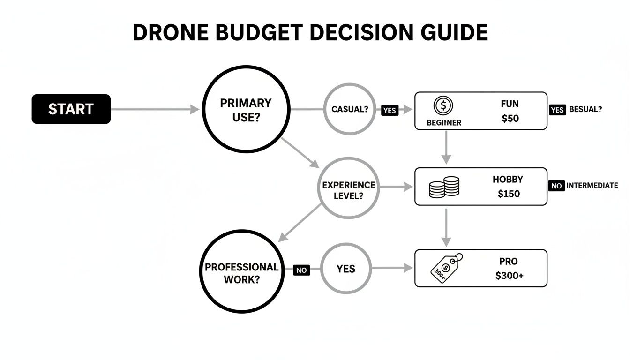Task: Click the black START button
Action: click(x=71, y=109)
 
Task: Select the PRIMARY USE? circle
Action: click(x=246, y=109)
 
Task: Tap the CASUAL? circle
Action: click(x=349, y=109)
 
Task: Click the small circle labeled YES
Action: click(x=345, y=269)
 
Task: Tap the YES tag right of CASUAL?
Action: click(x=390, y=111)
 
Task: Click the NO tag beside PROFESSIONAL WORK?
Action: click(x=301, y=270)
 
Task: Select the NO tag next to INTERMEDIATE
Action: click(x=556, y=186)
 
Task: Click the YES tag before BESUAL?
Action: click(x=556, y=109)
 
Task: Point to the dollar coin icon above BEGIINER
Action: click(x=443, y=106)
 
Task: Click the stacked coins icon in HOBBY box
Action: click(x=444, y=187)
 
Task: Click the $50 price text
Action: click(x=510, y=119)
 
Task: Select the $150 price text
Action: click(x=509, y=194)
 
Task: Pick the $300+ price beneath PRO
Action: click(x=509, y=276)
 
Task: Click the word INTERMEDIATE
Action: click(x=592, y=186)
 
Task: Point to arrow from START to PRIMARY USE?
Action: click(x=155, y=110)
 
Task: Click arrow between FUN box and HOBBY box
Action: click(x=446, y=147)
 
